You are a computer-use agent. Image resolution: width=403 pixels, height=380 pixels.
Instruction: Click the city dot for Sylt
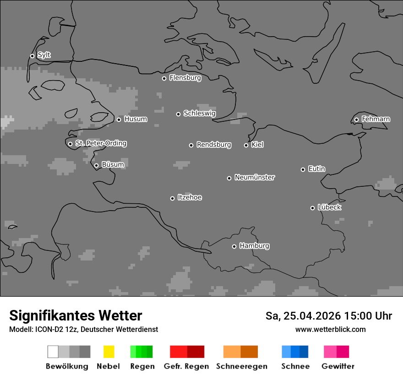click(x=32, y=56)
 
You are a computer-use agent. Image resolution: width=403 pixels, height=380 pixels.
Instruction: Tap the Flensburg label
click(x=185, y=78)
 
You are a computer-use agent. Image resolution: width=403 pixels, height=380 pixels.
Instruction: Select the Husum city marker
click(x=119, y=119)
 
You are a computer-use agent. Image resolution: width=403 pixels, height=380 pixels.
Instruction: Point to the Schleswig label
click(x=199, y=114)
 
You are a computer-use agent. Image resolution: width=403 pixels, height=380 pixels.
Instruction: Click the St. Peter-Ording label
click(x=101, y=143)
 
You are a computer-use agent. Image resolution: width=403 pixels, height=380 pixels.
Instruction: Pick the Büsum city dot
click(x=96, y=165)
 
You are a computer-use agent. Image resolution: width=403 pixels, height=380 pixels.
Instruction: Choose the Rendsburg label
click(x=213, y=145)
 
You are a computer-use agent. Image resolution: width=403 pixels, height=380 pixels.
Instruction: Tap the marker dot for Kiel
click(x=246, y=145)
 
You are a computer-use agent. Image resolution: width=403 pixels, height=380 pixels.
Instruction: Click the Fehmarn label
click(x=376, y=119)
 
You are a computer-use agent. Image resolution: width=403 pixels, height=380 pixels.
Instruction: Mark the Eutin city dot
click(x=303, y=169)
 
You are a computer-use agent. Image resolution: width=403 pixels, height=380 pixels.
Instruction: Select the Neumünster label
click(x=255, y=177)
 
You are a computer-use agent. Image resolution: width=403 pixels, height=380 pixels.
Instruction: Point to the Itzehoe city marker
click(x=172, y=198)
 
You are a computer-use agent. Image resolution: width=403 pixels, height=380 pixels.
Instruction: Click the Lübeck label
click(x=329, y=207)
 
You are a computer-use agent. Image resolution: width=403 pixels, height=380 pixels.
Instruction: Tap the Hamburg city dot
click(x=234, y=246)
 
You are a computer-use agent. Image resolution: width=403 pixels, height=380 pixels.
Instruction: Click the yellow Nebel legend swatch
click(x=109, y=352)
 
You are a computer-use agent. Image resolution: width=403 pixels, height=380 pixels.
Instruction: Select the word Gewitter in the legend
click(x=338, y=366)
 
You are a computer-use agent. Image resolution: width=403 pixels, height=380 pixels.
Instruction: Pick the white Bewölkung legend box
click(x=53, y=352)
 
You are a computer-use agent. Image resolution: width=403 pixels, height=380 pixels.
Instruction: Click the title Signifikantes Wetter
click(x=76, y=316)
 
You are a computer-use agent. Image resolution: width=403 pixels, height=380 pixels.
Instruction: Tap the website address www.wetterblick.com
click(x=330, y=330)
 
